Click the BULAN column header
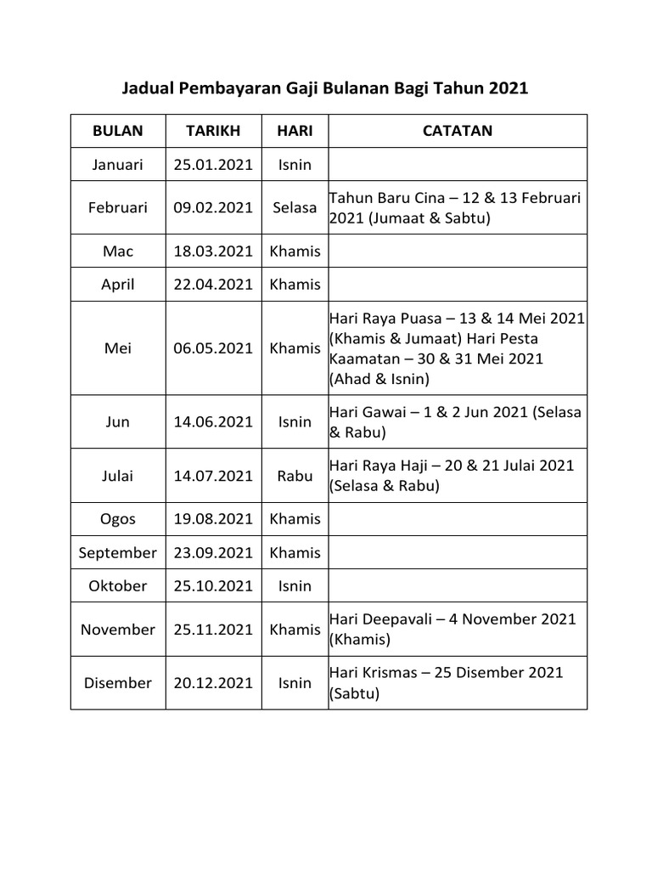point(118,131)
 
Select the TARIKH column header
point(213,131)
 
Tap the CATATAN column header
point(458,131)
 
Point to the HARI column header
point(295,131)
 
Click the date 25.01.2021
point(213,165)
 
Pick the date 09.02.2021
point(213,207)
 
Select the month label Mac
point(118,251)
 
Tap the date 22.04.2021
point(213,285)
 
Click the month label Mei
point(118,348)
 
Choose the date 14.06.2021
point(213,422)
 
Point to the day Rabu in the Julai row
point(295,476)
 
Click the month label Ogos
point(118,519)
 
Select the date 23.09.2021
point(213,552)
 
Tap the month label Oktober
point(118,585)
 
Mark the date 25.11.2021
point(213,630)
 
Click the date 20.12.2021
point(213,682)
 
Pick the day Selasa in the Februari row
point(295,207)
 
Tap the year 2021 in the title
point(506,88)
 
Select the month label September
point(118,552)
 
